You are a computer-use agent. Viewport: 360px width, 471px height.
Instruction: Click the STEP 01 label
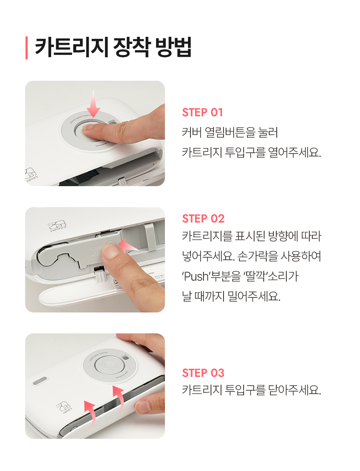(203, 113)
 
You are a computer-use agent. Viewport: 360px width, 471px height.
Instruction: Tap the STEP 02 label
(203, 219)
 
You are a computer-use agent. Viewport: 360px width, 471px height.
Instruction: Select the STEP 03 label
(203, 373)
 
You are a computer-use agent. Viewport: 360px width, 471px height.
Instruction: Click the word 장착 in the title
(131, 47)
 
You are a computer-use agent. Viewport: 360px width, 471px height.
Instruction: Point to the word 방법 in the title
(173, 47)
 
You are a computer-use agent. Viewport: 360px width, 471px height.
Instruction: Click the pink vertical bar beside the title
(27, 48)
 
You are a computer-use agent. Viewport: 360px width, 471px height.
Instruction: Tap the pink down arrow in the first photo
(93, 104)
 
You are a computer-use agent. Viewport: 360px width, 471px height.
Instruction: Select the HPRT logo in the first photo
(31, 174)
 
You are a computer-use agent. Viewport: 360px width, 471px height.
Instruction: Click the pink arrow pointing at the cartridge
(128, 245)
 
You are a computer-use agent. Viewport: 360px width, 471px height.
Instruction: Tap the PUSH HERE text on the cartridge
(95, 250)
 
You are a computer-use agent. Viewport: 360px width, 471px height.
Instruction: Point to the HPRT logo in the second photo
(58, 226)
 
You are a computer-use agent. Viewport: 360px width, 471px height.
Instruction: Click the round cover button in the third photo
(109, 365)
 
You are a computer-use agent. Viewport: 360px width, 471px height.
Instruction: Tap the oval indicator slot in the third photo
(40, 381)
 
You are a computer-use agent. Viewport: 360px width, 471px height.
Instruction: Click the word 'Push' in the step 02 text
(195, 276)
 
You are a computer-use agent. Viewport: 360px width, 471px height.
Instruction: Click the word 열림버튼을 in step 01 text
(230, 132)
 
